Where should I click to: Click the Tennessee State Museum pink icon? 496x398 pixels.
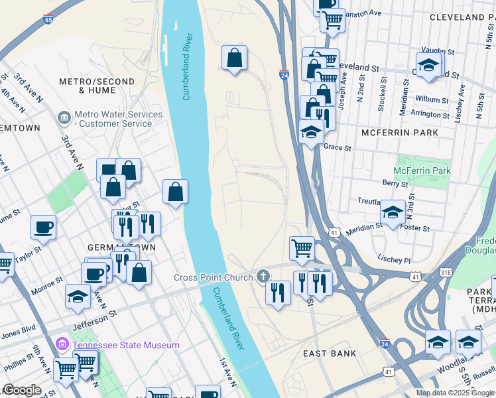pos(63,345)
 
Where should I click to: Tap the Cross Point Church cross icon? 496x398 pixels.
pos(263,276)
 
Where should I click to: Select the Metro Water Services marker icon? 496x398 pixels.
pos(64,119)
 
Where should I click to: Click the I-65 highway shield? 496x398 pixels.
pos(48,20)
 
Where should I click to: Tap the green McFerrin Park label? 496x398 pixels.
pos(424,170)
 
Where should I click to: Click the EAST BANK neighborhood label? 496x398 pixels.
pos(330,354)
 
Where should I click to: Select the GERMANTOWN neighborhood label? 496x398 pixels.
pos(122,247)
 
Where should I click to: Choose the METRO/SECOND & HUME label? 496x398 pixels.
pos(97,86)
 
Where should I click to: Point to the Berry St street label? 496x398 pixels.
pos(395,182)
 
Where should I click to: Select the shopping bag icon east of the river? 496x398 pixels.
pos(234,58)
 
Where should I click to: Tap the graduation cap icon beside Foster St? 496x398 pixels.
pos(393,212)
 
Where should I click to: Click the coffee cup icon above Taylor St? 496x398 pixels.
pos(43,227)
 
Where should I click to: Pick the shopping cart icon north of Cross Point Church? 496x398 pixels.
pos(302,248)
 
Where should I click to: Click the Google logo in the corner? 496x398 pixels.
pos(21,390)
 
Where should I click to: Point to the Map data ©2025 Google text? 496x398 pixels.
pos(455,393)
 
